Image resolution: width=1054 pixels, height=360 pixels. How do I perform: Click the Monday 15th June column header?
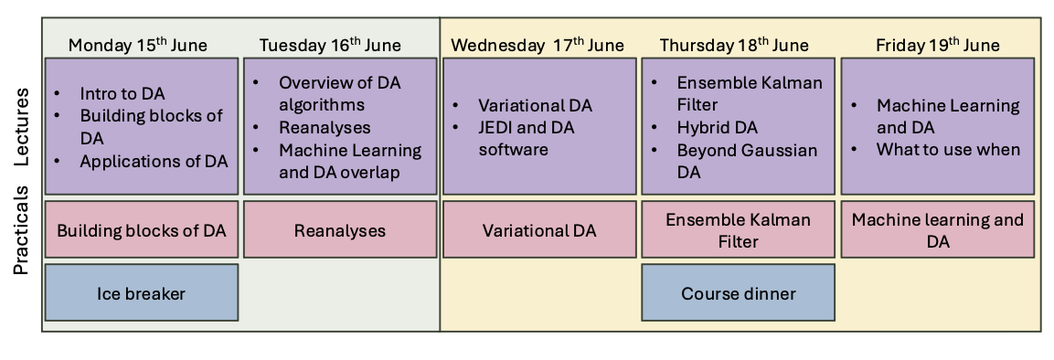(x=138, y=45)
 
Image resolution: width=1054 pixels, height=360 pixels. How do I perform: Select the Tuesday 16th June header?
(x=330, y=45)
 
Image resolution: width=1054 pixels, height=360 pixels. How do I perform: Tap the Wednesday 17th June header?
(x=538, y=45)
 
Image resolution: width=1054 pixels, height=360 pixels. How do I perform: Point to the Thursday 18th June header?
(x=734, y=45)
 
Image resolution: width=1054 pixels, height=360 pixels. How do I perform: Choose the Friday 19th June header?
(x=937, y=45)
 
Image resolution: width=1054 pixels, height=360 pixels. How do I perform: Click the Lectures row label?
(x=22, y=127)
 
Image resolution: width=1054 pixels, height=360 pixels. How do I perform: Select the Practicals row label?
(x=22, y=229)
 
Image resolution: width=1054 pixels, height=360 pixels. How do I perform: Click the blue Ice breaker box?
(x=141, y=292)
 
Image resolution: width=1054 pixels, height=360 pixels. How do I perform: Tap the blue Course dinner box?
(x=738, y=292)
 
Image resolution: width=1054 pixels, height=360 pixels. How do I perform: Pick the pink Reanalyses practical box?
(x=340, y=229)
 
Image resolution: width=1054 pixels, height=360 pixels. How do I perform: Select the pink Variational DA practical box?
(x=539, y=229)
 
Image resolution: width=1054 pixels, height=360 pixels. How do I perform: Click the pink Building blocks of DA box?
(x=141, y=229)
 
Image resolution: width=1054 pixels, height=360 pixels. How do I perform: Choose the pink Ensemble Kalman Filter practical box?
(x=738, y=229)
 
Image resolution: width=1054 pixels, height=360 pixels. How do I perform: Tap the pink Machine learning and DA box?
(x=938, y=229)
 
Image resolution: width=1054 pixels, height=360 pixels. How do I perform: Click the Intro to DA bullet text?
(x=122, y=93)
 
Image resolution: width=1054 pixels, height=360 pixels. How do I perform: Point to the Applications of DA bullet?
(x=154, y=161)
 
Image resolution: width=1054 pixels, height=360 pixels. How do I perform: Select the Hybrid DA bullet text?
(x=718, y=128)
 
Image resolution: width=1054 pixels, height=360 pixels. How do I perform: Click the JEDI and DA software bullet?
(x=527, y=138)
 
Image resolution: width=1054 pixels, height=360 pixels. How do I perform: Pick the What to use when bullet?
(x=949, y=149)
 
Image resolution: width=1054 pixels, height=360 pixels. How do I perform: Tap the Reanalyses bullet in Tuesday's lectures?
(x=325, y=128)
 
